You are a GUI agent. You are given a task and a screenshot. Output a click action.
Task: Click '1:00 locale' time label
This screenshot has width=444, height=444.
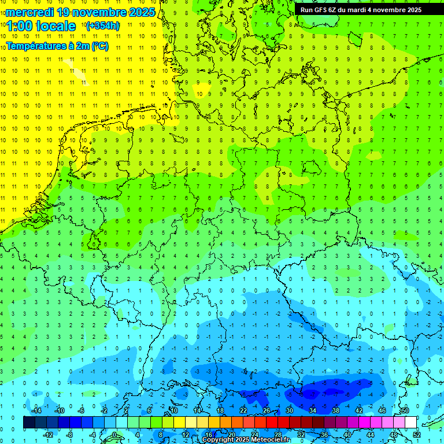(x=41, y=26)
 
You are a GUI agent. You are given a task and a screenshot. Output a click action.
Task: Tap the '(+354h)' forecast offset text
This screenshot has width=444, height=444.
(x=103, y=26)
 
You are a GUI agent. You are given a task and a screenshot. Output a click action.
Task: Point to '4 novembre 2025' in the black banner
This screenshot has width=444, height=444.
(x=393, y=10)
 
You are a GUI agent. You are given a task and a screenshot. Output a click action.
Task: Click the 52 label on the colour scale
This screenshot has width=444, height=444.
(x=416, y=435)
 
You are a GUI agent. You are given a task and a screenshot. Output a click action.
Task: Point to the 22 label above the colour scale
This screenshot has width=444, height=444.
(x=243, y=410)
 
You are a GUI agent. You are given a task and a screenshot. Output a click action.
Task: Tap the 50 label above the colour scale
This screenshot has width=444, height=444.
(x=405, y=410)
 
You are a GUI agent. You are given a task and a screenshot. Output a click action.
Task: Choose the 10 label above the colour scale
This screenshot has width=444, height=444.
(x=173, y=410)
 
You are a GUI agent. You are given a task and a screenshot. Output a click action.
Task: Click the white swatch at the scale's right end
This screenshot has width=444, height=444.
(x=410, y=423)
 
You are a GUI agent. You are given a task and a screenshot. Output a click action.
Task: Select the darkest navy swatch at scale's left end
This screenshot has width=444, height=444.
(x=29, y=423)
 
